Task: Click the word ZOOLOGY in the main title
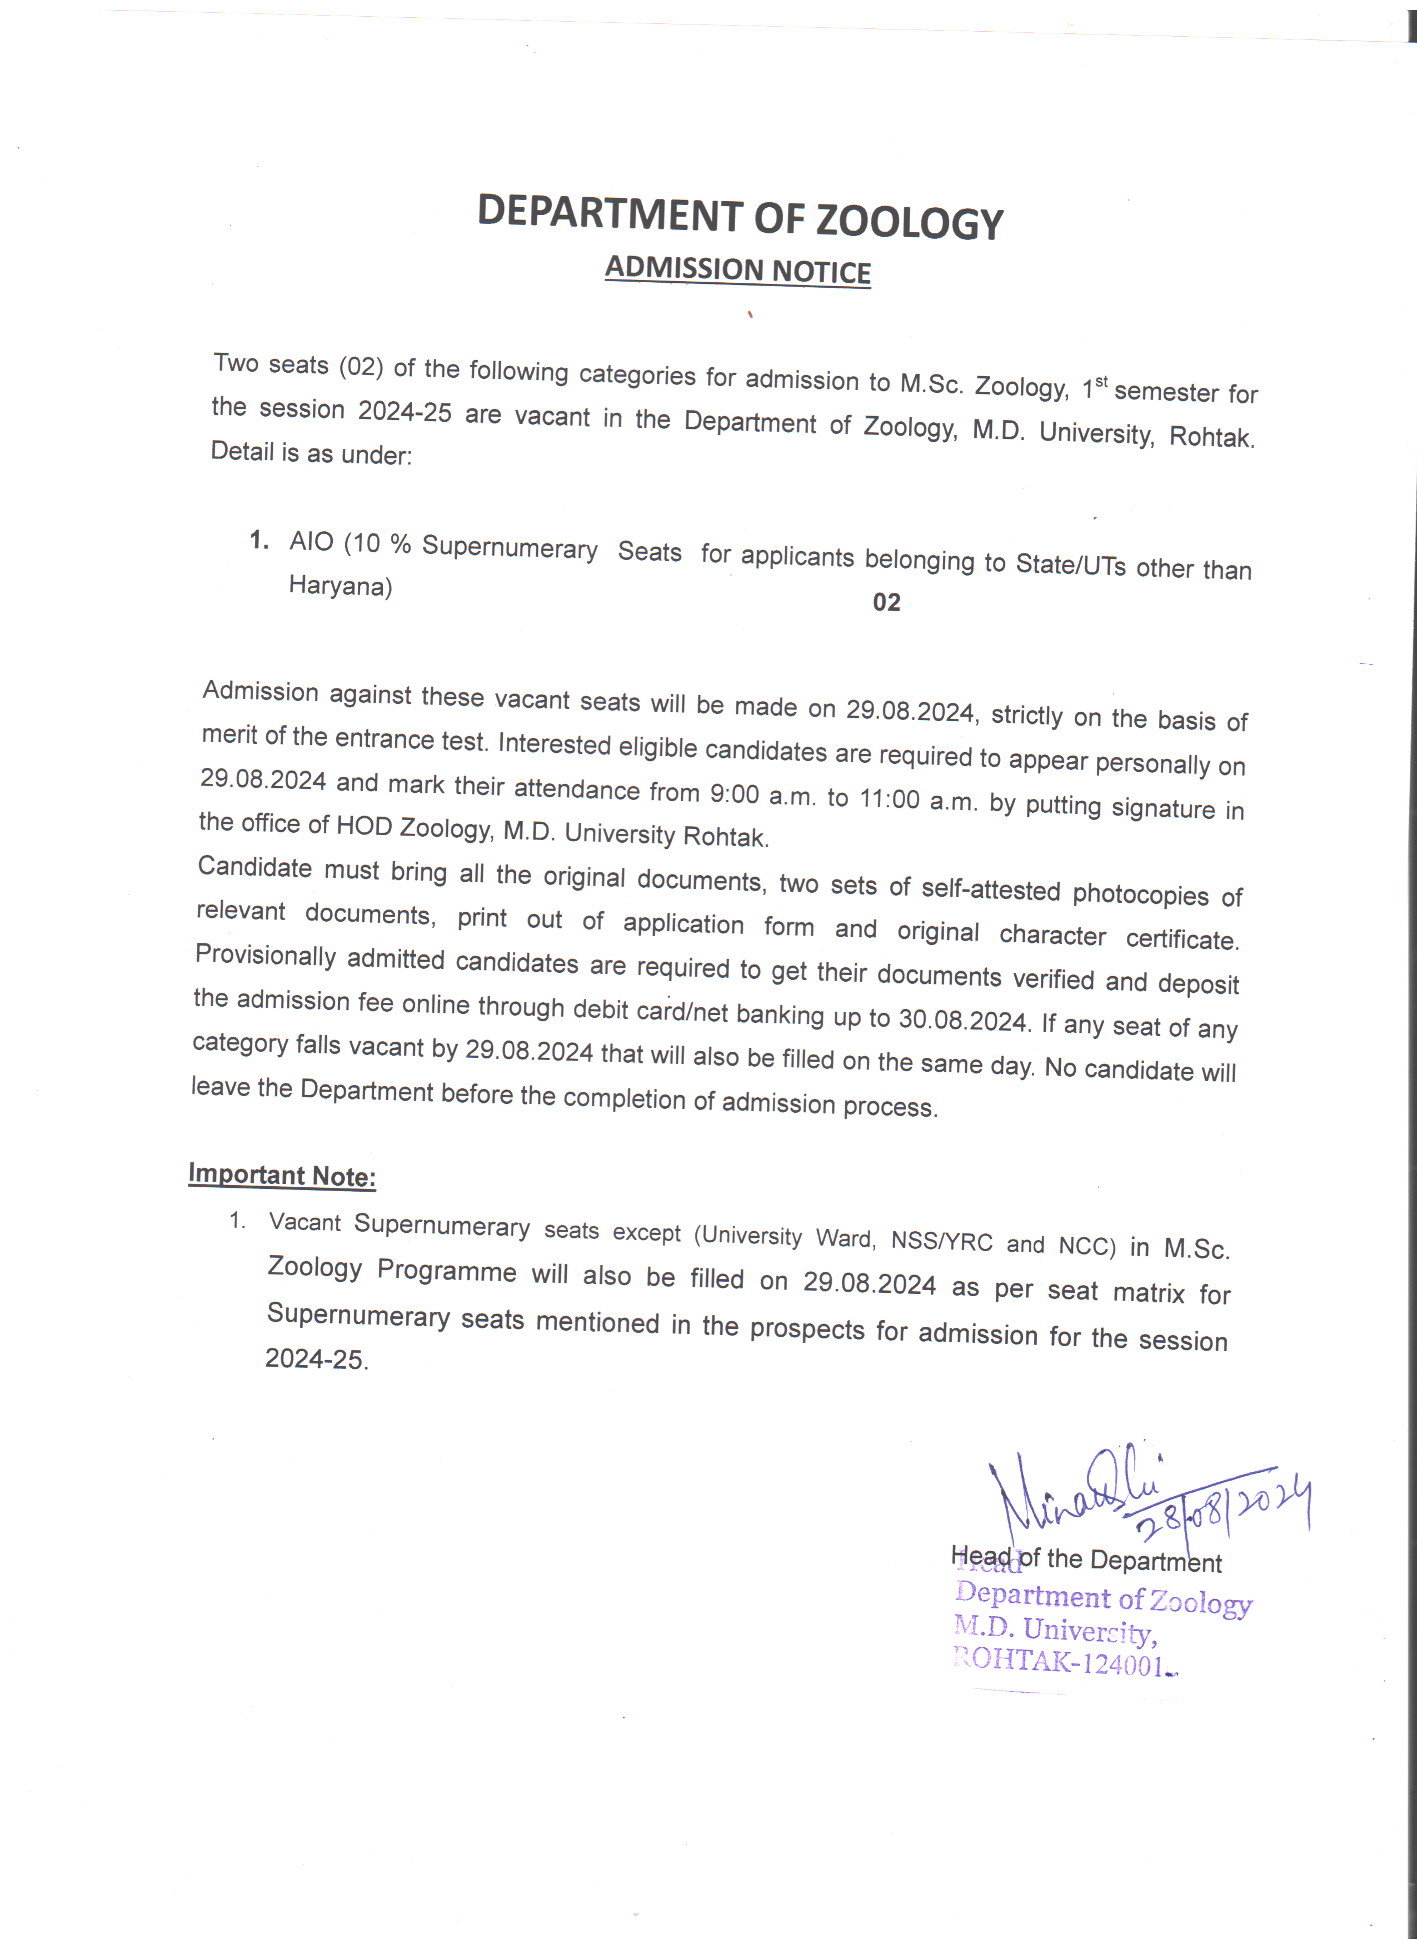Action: (909, 222)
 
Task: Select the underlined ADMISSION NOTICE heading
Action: (737, 270)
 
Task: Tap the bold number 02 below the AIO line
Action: (886, 602)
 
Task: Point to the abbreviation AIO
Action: (311, 541)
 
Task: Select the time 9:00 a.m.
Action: (762, 795)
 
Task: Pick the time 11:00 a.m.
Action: (918, 801)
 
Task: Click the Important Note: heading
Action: (282, 1175)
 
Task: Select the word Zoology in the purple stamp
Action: (1200, 1602)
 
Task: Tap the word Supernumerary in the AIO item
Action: (510, 548)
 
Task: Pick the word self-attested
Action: (990, 890)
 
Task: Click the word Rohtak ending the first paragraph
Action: (1211, 437)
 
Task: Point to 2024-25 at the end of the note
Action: (316, 1358)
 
